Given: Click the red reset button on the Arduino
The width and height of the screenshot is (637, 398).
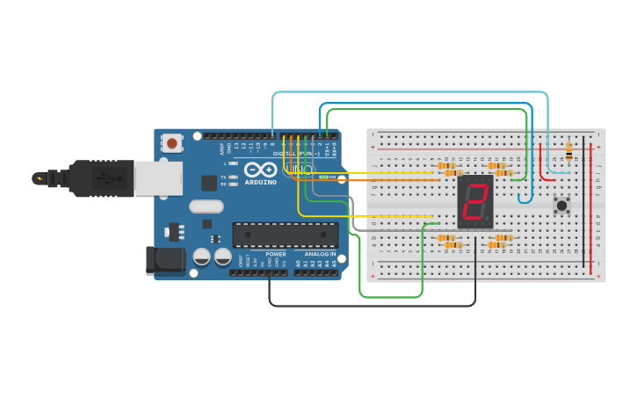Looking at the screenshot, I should point(171,142).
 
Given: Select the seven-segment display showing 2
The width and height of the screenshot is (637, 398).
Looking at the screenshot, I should point(475,202).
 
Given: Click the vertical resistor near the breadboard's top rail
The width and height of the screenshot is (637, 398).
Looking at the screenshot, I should point(568,151).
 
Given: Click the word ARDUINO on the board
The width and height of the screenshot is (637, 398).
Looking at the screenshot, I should point(261,182).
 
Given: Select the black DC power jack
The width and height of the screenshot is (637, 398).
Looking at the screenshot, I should point(164,259).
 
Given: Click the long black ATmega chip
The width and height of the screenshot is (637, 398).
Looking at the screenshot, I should point(285,235).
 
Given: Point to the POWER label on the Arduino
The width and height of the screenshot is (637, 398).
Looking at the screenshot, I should point(276,254).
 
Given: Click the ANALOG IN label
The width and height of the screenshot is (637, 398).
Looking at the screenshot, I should point(320,254).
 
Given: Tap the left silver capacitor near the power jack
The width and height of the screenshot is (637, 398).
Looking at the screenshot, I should point(201,257).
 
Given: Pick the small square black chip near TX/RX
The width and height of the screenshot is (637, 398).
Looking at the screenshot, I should point(209,183).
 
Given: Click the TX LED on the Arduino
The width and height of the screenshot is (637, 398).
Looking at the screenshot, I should point(234,177).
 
